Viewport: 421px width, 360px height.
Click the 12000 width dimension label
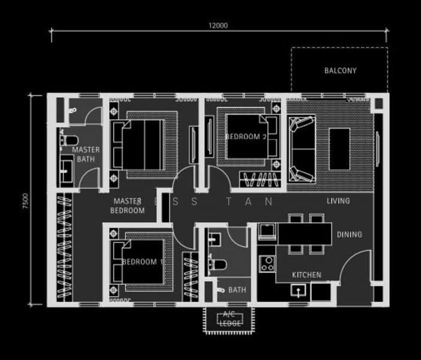[218, 26]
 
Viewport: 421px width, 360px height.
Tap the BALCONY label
[340, 71]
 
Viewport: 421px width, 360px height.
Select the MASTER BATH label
[85, 154]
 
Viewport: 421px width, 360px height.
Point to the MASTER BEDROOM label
[128, 206]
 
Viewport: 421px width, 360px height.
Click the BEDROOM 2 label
[246, 136]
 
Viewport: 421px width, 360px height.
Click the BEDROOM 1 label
[142, 262]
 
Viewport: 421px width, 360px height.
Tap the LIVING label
[338, 200]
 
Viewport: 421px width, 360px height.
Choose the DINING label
[349, 235]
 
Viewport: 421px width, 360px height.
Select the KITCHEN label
[306, 275]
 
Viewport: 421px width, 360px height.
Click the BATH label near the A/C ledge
[237, 290]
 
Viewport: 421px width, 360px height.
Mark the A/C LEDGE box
[231, 319]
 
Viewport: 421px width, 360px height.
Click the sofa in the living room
[301, 149]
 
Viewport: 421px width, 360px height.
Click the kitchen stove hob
[267, 263]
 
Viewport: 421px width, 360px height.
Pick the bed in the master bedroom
[142, 145]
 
